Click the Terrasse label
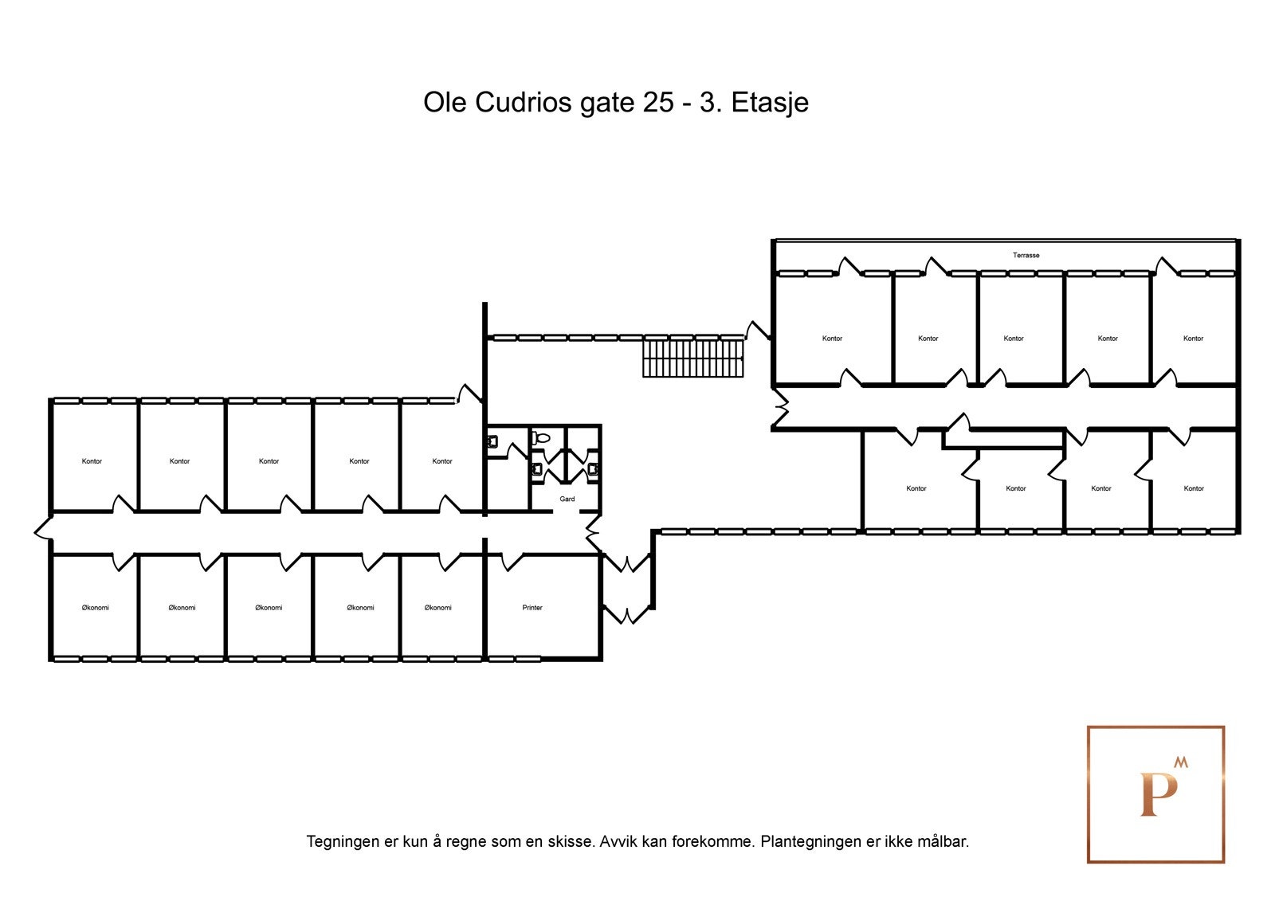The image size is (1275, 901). (x=1026, y=256)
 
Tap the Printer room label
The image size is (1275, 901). (x=532, y=608)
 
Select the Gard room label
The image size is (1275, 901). (x=567, y=499)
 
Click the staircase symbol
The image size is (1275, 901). (x=692, y=358)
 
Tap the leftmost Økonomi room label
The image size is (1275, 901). (x=95, y=608)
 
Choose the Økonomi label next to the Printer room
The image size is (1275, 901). (x=437, y=608)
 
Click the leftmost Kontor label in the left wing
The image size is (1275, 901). (x=92, y=461)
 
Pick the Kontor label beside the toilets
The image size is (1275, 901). (x=441, y=461)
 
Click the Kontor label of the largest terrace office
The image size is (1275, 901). (x=832, y=339)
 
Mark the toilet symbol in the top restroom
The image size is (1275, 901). (x=541, y=438)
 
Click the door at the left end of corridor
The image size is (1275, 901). (x=43, y=529)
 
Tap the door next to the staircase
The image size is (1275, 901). (x=757, y=331)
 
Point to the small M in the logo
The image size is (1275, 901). (x=1180, y=762)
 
